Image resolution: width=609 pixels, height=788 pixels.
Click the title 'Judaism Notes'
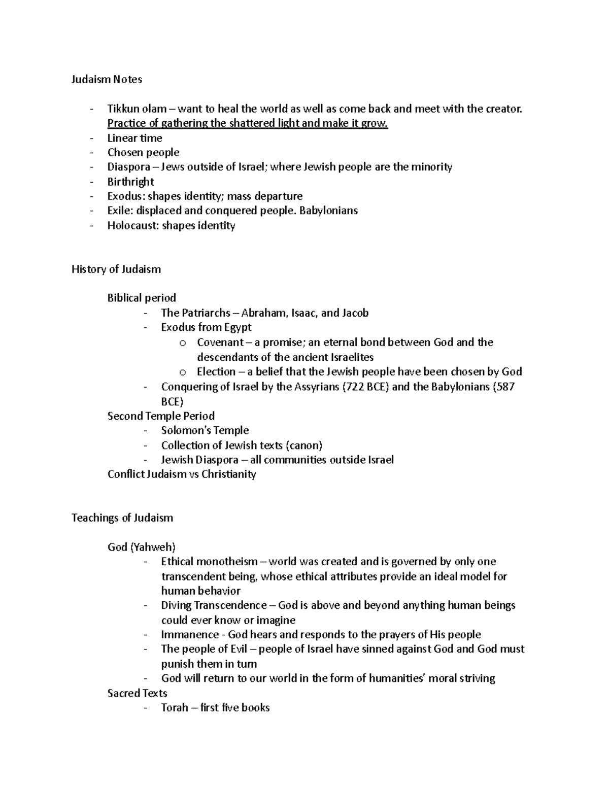[x=107, y=79]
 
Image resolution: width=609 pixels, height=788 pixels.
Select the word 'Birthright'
[x=130, y=182]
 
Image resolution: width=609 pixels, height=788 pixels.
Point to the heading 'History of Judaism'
[x=116, y=269]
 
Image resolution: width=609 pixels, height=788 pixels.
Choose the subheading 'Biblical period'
[x=142, y=298]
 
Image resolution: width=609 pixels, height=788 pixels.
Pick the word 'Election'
[x=216, y=371]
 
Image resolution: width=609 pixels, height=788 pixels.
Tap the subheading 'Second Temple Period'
[x=161, y=416]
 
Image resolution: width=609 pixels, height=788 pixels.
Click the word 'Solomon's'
[x=185, y=431]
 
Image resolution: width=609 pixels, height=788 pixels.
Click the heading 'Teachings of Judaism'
[x=122, y=518]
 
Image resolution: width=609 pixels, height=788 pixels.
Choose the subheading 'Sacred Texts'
[x=137, y=693]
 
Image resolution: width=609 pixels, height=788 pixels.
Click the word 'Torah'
[x=174, y=708]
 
